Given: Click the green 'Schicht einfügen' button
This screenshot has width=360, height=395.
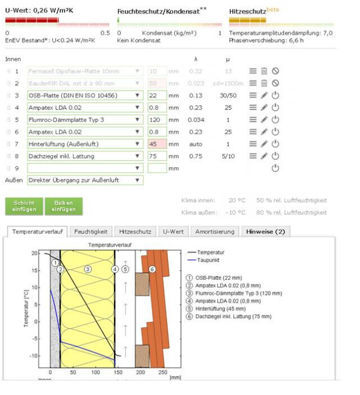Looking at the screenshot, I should [x=25, y=206].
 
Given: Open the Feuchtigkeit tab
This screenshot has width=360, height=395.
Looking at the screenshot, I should [x=91, y=231].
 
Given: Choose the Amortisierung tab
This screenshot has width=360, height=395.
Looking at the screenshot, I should [x=214, y=231].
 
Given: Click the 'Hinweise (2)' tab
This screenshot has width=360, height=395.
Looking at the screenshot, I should [x=265, y=231].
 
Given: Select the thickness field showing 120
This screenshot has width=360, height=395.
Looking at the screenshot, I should [x=157, y=120].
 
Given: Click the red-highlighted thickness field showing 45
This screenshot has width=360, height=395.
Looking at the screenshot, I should [x=157, y=144].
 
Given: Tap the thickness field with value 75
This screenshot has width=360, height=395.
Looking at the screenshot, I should [x=157, y=156].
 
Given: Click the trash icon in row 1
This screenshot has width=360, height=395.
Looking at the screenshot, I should [x=264, y=71].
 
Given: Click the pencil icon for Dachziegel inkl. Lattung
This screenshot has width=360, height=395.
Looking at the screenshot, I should [x=264, y=156].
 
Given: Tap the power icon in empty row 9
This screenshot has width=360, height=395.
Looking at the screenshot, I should [x=275, y=168].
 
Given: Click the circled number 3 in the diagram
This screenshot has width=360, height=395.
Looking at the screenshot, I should [x=88, y=269].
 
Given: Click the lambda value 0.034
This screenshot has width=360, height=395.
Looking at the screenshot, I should [x=196, y=120].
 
